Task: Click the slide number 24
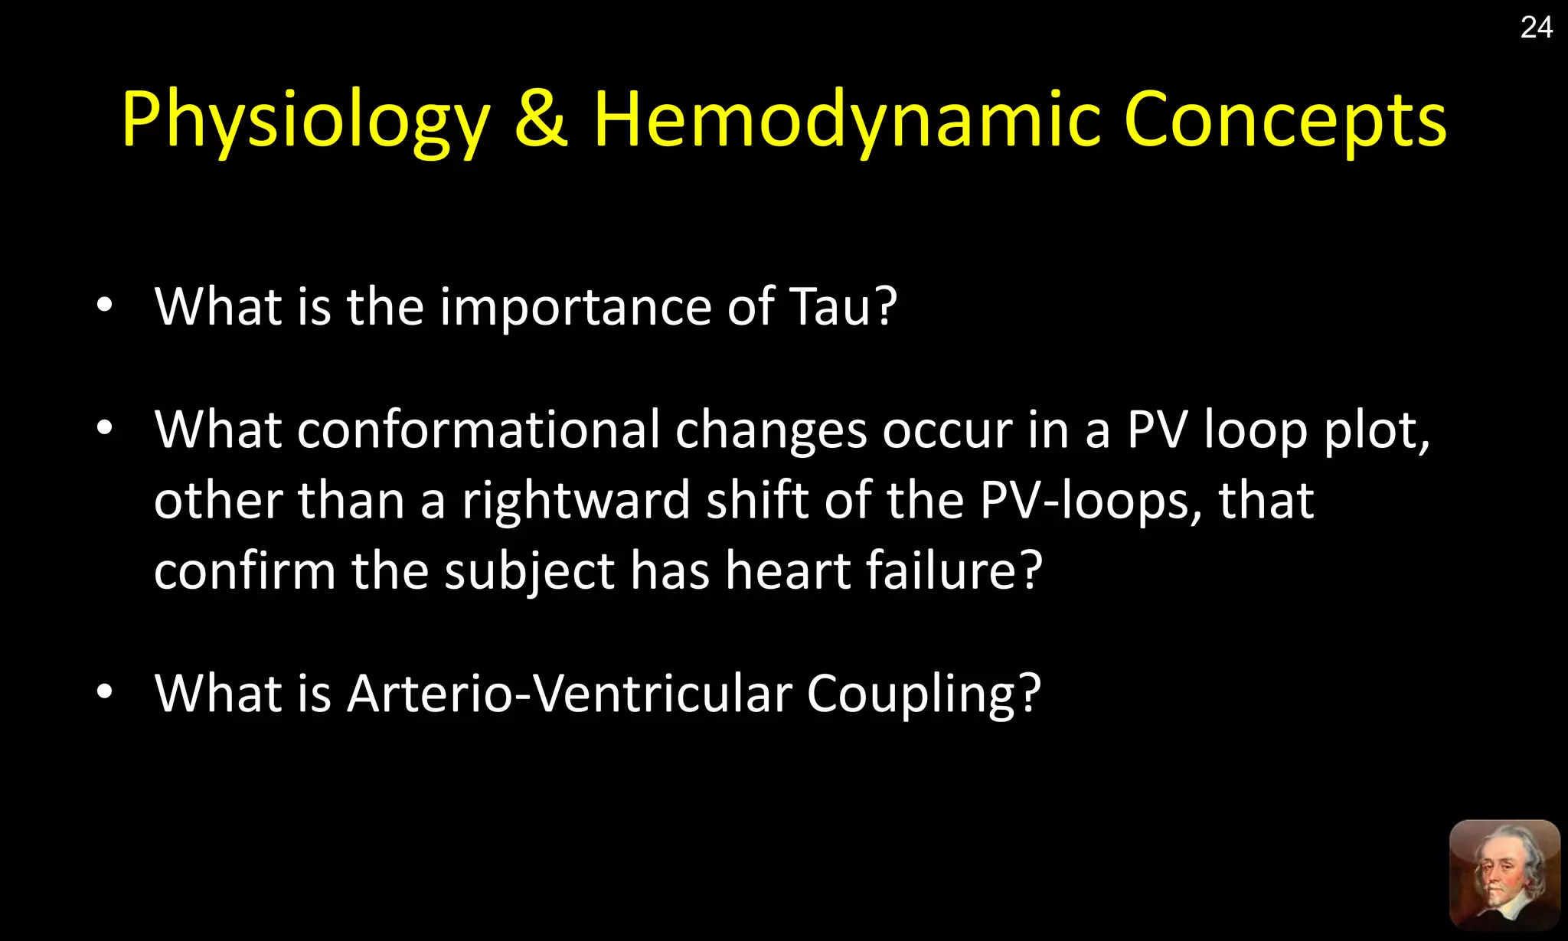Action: coord(1536,28)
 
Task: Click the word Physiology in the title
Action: coord(305,121)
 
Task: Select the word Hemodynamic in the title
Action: coord(847,121)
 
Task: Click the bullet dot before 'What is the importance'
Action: coord(105,305)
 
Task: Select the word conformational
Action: coord(479,430)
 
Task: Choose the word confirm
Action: coord(244,570)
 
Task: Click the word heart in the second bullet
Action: coord(788,570)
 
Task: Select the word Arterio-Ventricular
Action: coord(569,694)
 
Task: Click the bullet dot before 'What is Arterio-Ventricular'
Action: coord(105,692)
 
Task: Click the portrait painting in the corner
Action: coord(1504,875)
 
